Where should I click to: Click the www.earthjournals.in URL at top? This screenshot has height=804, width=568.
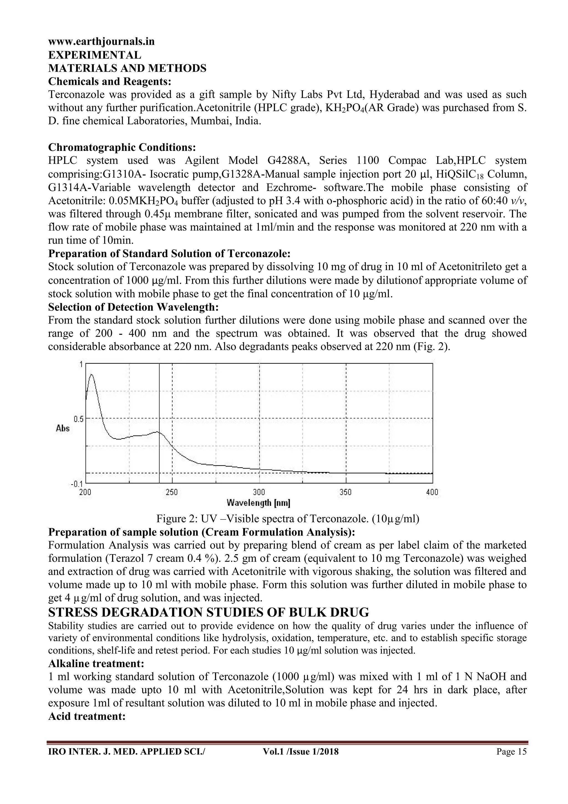point(101,42)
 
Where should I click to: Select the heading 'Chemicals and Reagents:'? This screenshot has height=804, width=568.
point(110,81)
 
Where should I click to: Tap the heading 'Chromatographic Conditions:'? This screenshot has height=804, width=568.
point(122,147)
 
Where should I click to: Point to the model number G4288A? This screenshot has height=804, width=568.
point(287,161)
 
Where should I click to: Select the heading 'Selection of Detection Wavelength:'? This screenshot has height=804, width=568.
point(133,307)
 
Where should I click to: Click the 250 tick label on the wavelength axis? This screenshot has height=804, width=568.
point(172,492)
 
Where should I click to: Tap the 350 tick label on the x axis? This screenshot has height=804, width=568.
point(346,492)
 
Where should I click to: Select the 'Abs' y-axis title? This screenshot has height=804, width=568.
point(63,428)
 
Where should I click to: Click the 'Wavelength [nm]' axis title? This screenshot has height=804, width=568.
point(258,504)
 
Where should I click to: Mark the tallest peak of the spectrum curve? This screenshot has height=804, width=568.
point(92,375)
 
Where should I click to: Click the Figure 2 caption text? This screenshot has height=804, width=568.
point(288,519)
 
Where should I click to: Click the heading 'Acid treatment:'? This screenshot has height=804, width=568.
point(87,717)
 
